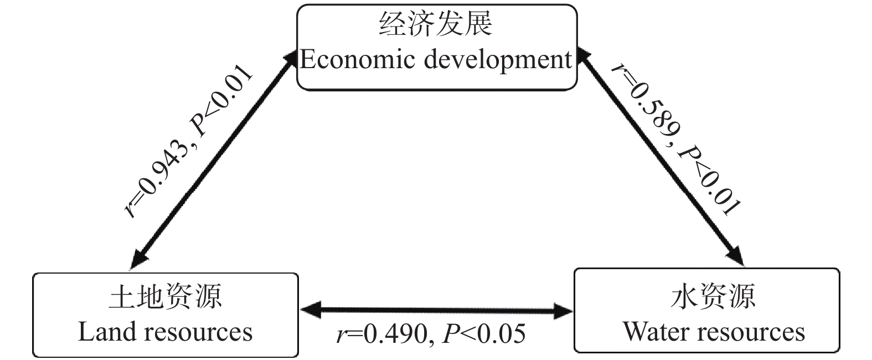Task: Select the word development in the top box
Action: point(498,60)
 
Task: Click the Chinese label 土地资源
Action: point(166,296)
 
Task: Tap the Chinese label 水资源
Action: point(713,296)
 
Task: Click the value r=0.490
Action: point(382,334)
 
